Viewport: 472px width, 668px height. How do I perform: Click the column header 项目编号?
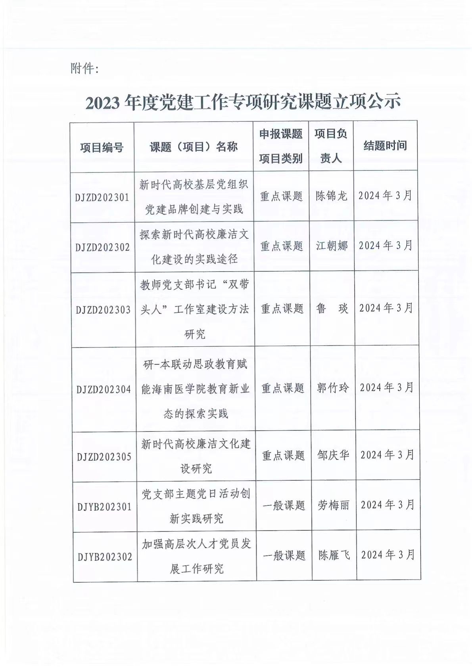pyautogui.click(x=102, y=148)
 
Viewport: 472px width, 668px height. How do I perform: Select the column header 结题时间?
pyautogui.click(x=385, y=146)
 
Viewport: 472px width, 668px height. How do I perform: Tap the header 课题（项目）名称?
pyautogui.click(x=194, y=147)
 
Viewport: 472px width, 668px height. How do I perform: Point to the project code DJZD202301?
pyautogui.click(x=102, y=197)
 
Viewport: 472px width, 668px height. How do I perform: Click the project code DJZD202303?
pyautogui.click(x=103, y=310)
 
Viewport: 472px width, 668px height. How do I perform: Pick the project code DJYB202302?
pyautogui.click(x=105, y=557)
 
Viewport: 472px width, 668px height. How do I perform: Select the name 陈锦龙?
pyautogui.click(x=331, y=196)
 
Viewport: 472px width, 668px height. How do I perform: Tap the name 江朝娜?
pyautogui.click(x=332, y=246)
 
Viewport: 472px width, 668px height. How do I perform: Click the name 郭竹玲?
pyautogui.click(x=333, y=388)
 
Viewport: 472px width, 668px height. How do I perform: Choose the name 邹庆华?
pyautogui.click(x=333, y=455)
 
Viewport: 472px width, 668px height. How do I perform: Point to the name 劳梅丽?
pyautogui.click(x=334, y=505)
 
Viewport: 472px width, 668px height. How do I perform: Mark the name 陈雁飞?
pyautogui.click(x=334, y=555)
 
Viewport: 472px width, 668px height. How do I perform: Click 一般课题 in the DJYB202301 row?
pyautogui.click(x=284, y=505)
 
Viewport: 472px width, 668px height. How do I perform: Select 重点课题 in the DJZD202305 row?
pyautogui.click(x=283, y=455)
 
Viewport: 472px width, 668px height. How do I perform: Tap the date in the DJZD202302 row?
pyautogui.click(x=386, y=246)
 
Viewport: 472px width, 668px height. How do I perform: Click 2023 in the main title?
pyautogui.click(x=102, y=103)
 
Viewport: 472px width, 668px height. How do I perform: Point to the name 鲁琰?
pyautogui.click(x=332, y=309)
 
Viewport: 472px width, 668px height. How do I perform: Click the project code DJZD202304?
pyautogui.click(x=104, y=389)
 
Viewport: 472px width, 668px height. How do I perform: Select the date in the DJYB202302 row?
pyautogui.click(x=388, y=555)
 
